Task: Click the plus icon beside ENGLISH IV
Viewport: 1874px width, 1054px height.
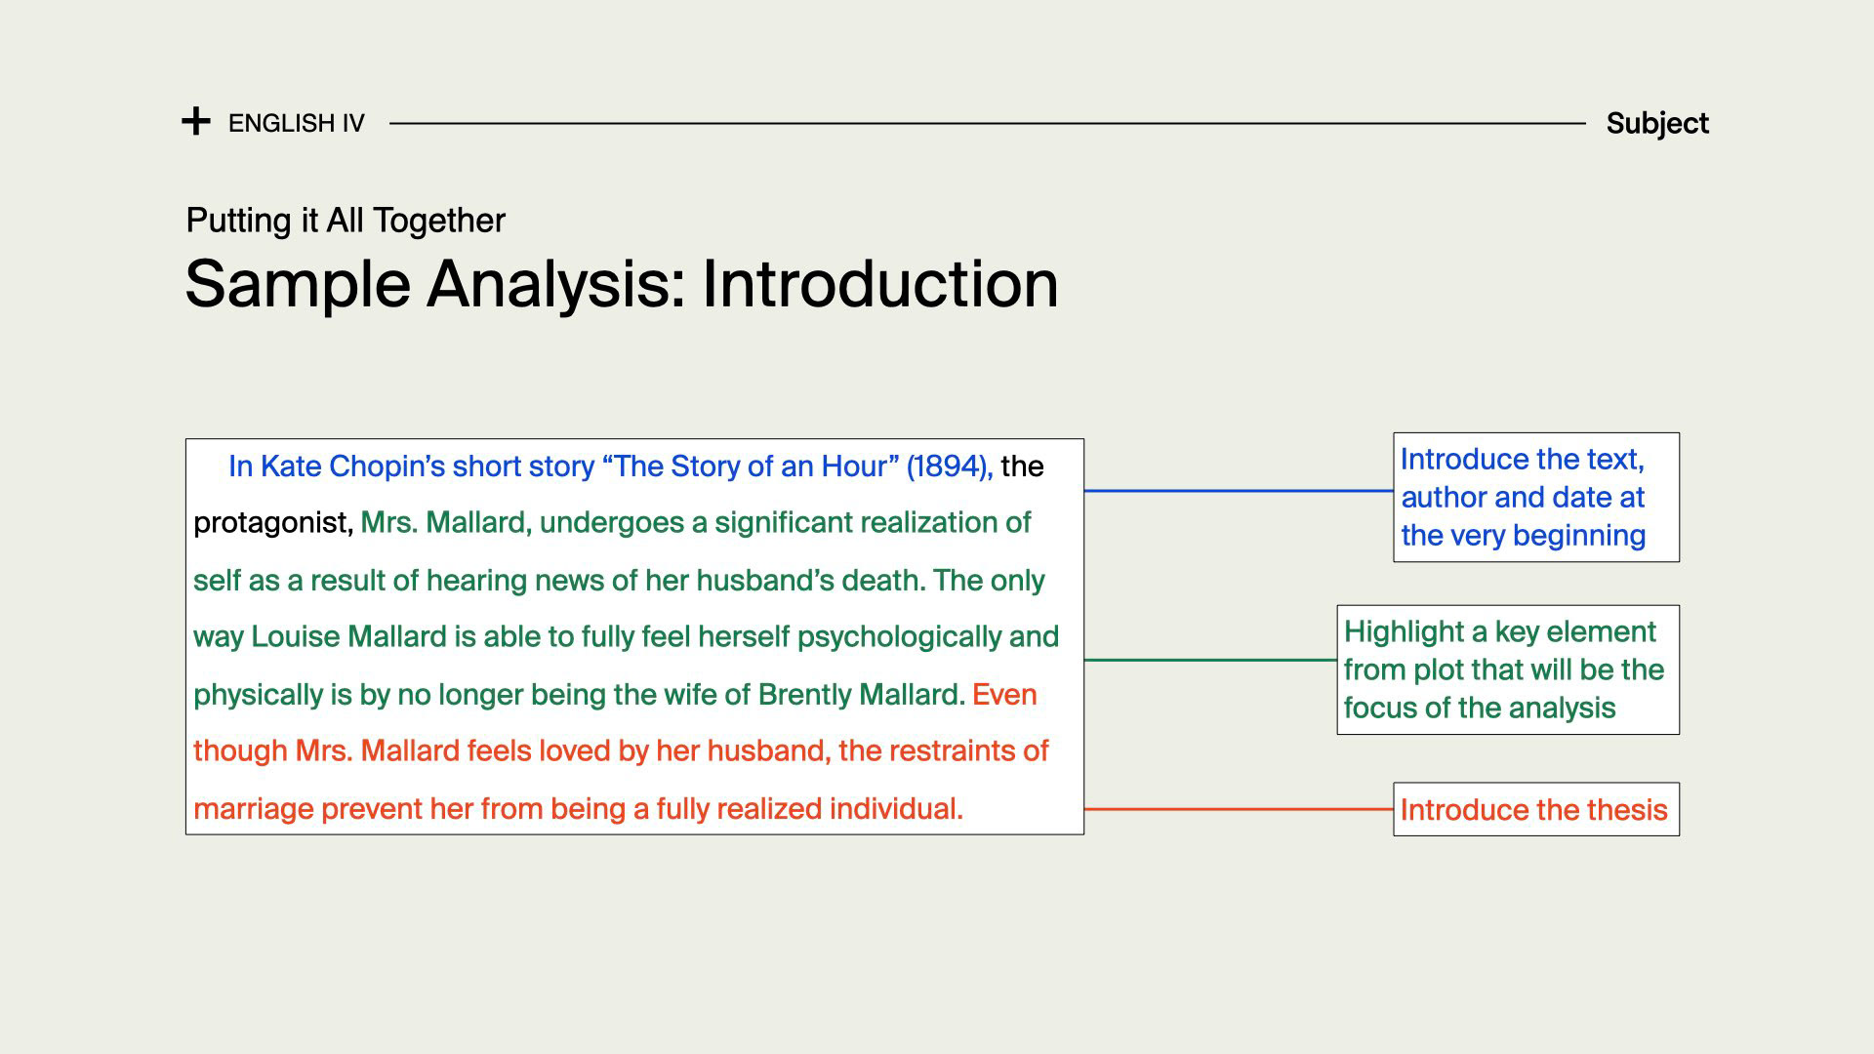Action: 196,122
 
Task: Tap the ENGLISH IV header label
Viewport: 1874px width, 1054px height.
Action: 297,123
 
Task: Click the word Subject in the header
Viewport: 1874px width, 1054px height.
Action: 1657,124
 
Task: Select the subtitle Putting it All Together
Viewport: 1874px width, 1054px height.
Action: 346,221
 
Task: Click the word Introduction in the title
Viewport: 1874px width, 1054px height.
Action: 880,284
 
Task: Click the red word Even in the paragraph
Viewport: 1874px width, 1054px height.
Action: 1004,694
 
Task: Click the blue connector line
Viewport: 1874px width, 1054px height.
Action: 1239,491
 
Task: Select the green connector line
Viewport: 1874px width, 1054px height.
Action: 1210,660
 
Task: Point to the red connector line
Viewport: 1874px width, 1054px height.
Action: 1239,809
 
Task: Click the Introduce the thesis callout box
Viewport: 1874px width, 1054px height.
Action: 1536,809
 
